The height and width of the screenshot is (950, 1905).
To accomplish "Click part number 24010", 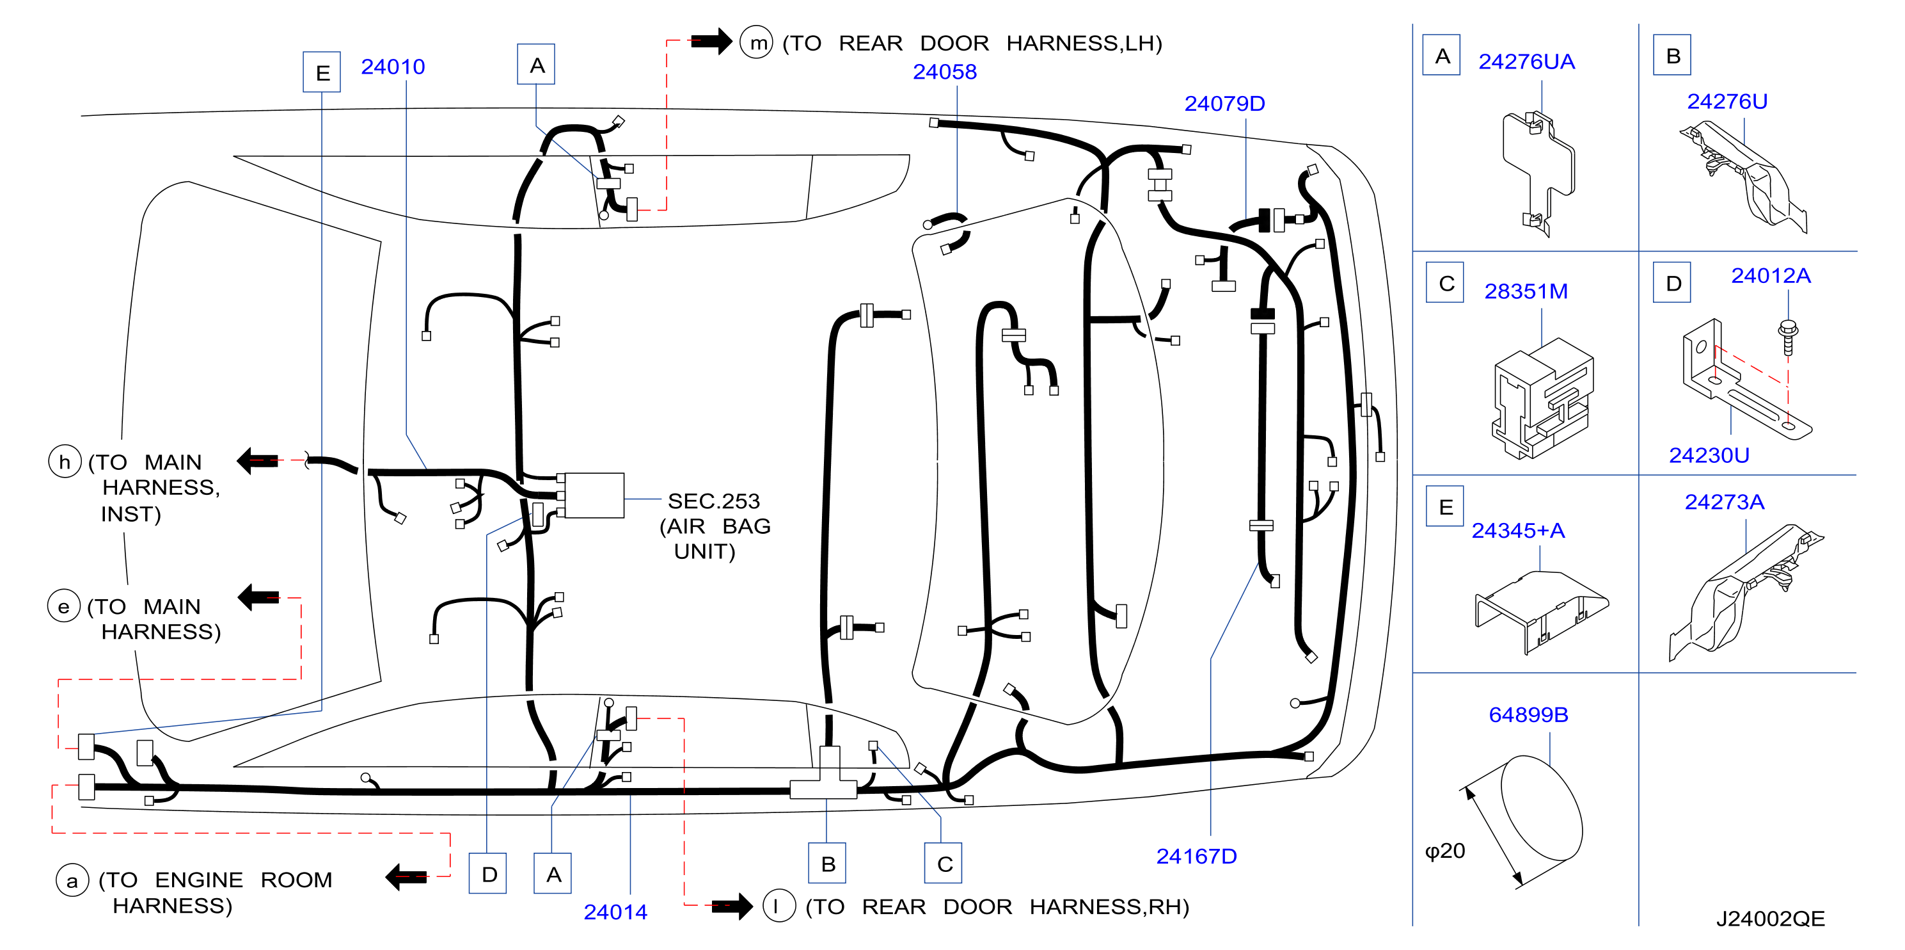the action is (x=393, y=67).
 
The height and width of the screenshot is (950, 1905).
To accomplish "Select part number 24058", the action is (x=944, y=72).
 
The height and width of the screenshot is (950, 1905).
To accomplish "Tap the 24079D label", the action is (x=1224, y=104).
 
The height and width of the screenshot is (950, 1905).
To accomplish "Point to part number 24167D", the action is (x=1196, y=856).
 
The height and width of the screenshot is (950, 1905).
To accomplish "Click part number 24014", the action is (x=615, y=912).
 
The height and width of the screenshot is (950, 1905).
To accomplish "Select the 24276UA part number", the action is (x=1526, y=61).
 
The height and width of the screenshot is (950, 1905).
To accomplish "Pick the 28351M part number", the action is (x=1526, y=291).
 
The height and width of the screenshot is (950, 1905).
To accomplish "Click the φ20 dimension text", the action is (x=1445, y=851).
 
